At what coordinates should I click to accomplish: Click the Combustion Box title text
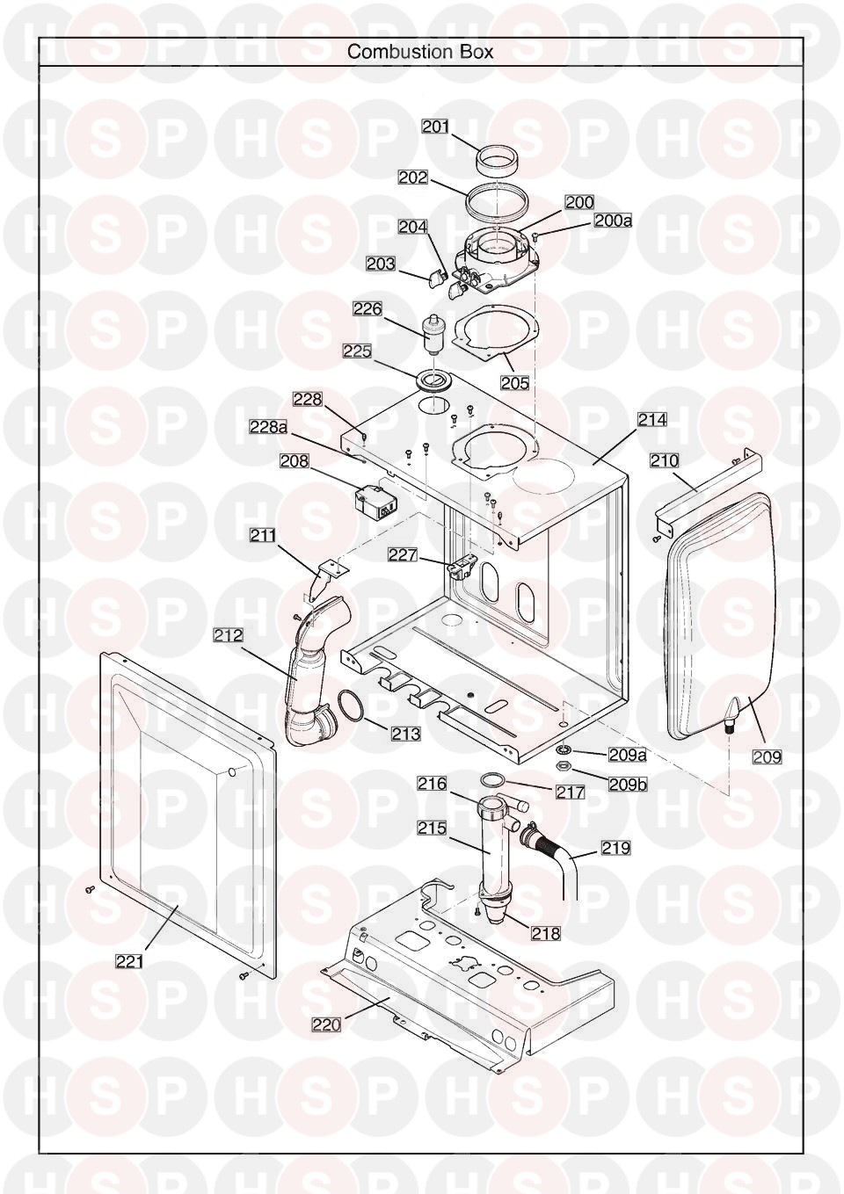pos(420,52)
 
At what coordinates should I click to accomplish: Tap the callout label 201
pos(436,127)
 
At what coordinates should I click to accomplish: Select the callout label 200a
pos(613,221)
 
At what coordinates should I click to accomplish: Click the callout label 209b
pos(627,784)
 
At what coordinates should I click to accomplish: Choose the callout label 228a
pos(269,427)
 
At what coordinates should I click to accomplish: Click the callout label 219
pos(615,847)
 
